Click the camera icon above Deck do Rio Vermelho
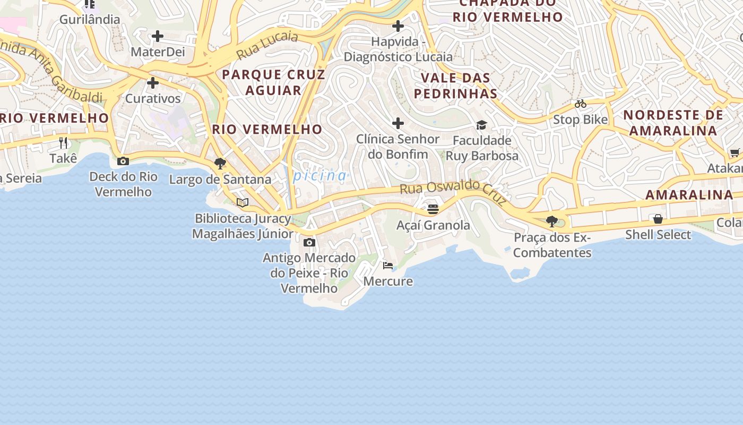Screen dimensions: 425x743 (123, 161)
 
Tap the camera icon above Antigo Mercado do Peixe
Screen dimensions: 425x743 (309, 243)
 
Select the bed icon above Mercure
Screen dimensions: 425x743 (388, 265)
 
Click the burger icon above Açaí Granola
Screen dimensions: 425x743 (433, 209)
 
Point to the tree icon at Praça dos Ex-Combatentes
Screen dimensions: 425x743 (552, 221)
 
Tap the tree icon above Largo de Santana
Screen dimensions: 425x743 (220, 163)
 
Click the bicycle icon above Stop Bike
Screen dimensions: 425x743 (580, 104)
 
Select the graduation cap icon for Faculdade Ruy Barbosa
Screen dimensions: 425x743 (481, 125)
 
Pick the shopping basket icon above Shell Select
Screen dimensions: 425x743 (658, 219)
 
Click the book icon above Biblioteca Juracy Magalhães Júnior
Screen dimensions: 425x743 (243, 202)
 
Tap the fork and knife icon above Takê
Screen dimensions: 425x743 (63, 142)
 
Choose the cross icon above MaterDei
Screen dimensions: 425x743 (158, 36)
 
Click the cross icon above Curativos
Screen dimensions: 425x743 (153, 83)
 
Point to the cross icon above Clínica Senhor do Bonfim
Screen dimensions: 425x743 (398, 123)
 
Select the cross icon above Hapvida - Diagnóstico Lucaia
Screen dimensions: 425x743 (398, 25)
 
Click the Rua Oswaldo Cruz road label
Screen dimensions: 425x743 (453, 192)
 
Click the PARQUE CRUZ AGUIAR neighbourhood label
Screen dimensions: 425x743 (273, 82)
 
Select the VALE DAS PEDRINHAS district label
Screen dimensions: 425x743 (455, 86)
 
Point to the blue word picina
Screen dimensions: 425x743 (320, 175)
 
